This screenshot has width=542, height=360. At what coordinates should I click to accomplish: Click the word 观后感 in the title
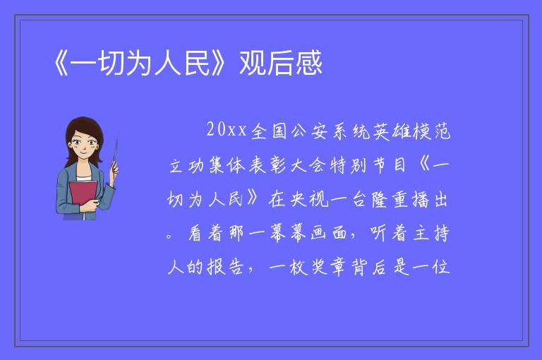point(281,63)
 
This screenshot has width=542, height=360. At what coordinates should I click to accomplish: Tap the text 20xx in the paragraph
point(227,130)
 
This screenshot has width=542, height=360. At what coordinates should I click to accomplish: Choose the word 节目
point(390,165)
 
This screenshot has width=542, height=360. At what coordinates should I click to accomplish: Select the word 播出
point(430,199)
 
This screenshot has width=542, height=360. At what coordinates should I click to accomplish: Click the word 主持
point(430,233)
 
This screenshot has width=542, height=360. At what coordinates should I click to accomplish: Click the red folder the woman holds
point(83,195)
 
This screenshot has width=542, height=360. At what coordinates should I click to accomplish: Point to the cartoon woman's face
point(84,145)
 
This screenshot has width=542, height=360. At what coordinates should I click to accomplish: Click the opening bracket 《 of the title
point(61,64)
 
